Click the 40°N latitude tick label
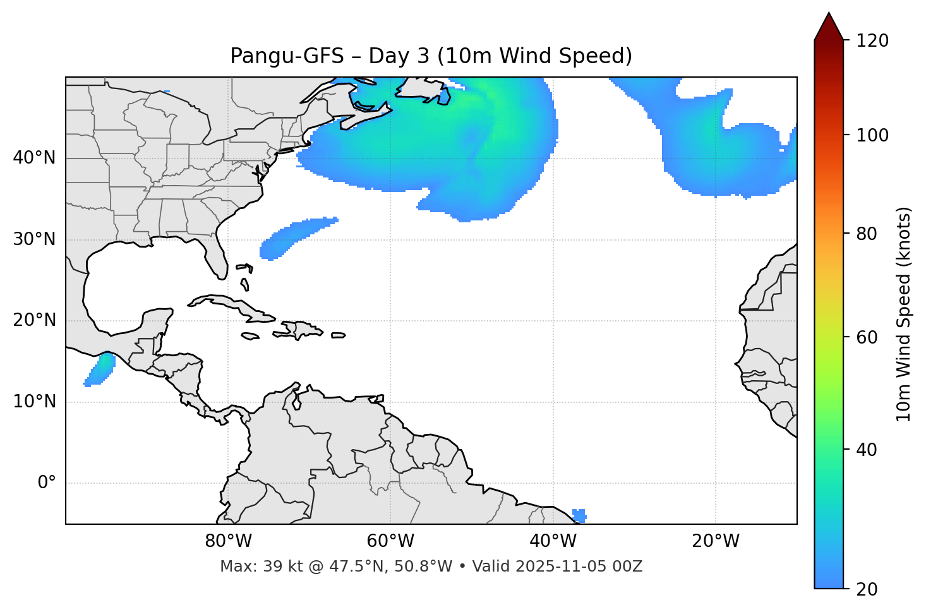point(34,158)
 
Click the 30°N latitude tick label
point(34,239)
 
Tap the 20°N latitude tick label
point(34,320)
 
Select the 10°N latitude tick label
point(34,402)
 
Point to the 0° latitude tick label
point(47,483)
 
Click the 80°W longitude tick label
point(228,541)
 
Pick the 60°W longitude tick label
point(390,541)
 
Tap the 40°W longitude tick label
point(553,541)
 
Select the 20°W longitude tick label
point(715,541)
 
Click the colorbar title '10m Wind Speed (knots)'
point(904,314)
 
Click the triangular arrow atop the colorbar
point(829,27)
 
